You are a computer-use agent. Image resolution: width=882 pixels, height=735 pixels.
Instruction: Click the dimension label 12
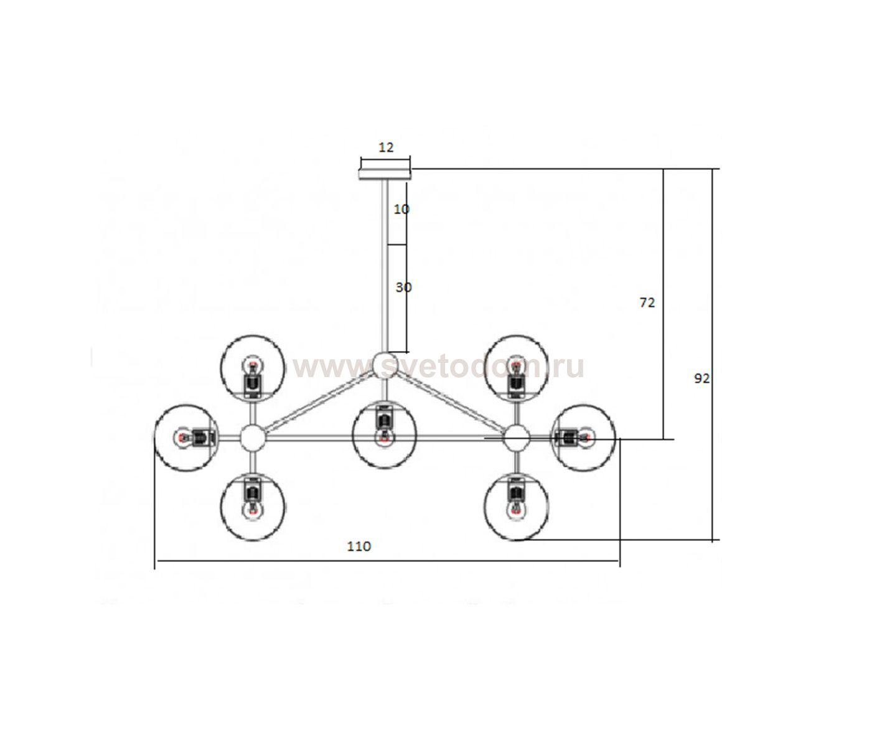coord(386,147)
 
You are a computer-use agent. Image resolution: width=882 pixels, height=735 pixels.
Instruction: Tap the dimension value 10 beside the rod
coord(401,209)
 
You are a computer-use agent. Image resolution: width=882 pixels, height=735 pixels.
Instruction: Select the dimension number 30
coord(403,288)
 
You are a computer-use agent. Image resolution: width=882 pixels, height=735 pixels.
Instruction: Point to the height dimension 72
coord(647,302)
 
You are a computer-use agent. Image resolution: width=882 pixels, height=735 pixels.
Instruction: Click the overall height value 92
coord(702,378)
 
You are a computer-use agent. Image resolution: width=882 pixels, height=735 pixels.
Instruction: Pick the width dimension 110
coord(359,546)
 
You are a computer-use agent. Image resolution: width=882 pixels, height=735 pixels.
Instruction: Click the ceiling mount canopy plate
coord(385,174)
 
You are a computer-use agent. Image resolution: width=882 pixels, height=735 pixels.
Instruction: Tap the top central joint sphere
coord(385,365)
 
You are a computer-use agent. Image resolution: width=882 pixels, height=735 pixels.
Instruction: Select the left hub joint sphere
coord(253,438)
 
